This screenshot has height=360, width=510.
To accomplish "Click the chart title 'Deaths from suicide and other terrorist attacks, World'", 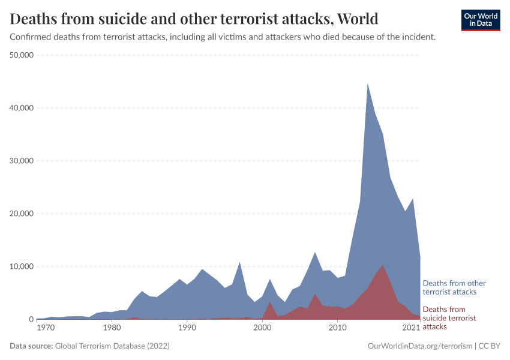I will click(x=194, y=19).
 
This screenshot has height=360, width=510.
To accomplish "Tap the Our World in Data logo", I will click(x=480, y=20).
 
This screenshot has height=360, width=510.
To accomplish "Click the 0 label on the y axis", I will click(x=31, y=319).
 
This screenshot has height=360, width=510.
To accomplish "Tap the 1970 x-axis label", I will click(x=44, y=329).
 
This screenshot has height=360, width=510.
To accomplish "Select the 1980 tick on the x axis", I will click(x=112, y=329).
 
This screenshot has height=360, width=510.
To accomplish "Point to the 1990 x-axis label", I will click(x=187, y=329).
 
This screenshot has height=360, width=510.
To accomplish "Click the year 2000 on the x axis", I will click(x=262, y=329).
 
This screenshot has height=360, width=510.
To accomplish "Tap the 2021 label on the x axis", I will click(x=412, y=329).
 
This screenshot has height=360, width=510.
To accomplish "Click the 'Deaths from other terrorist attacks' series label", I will click(x=454, y=287).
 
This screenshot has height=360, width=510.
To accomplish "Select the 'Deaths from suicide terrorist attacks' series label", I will click(x=449, y=318).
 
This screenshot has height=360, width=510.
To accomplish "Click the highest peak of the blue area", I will click(x=368, y=84).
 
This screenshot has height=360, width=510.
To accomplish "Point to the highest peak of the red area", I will click(x=383, y=265).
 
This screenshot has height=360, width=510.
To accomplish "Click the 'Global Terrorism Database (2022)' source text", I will click(x=112, y=346).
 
